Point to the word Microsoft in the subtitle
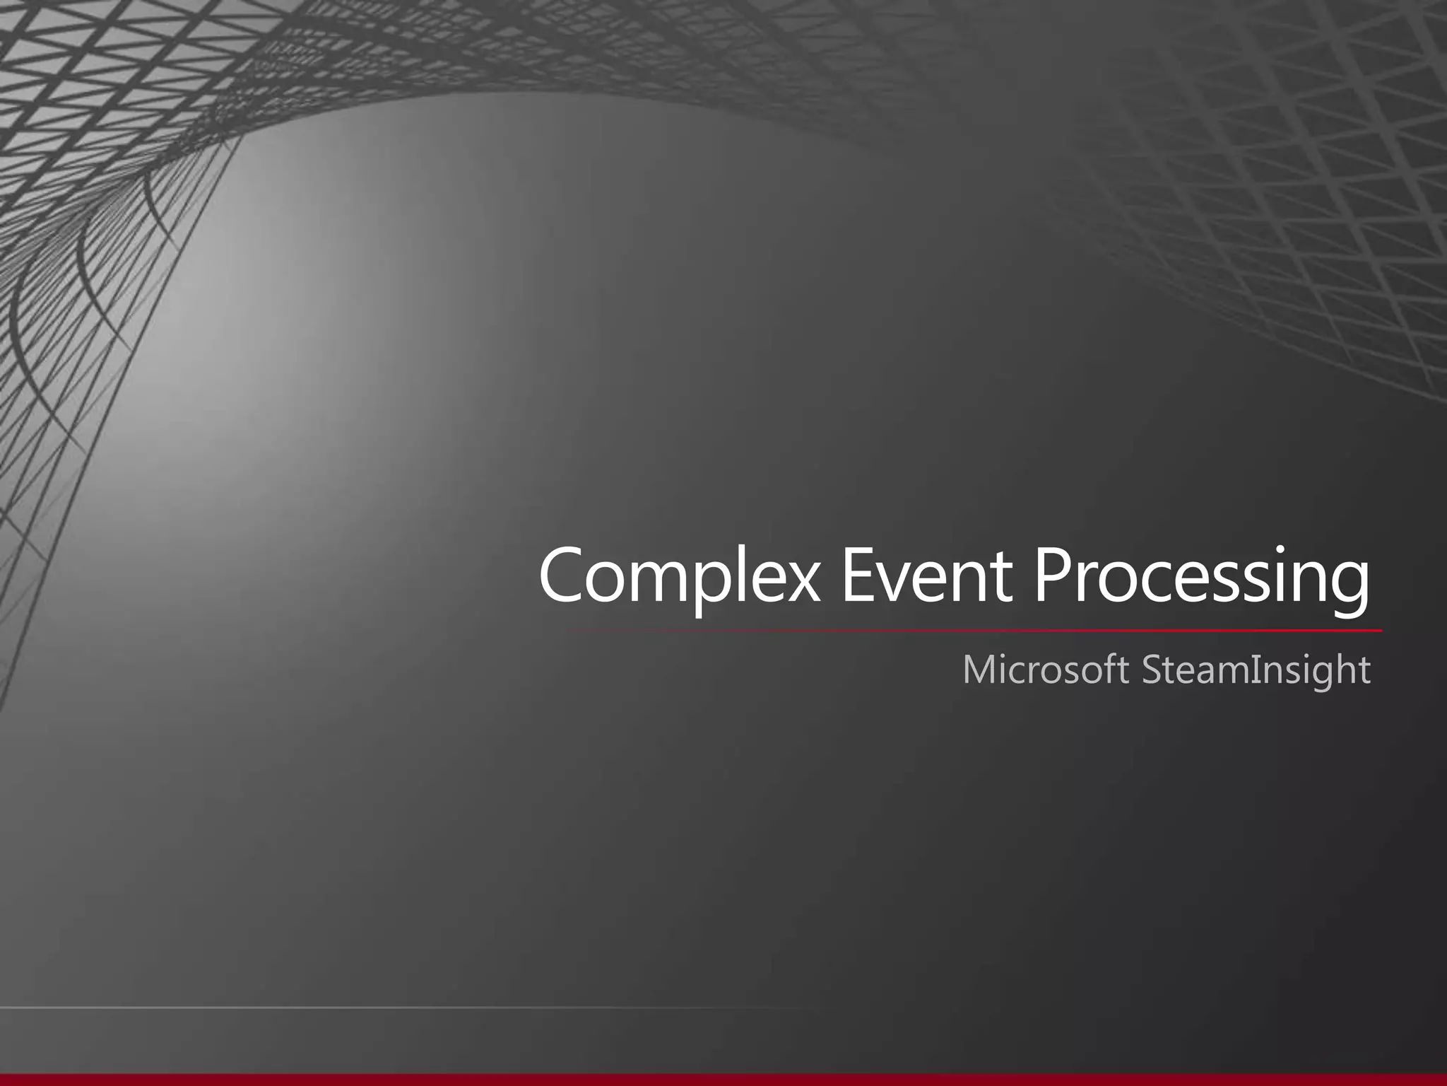click(1045, 670)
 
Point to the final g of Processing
click(1346, 590)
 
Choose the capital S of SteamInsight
click(1153, 670)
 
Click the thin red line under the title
click(989, 630)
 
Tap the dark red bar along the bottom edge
click(723, 1080)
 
